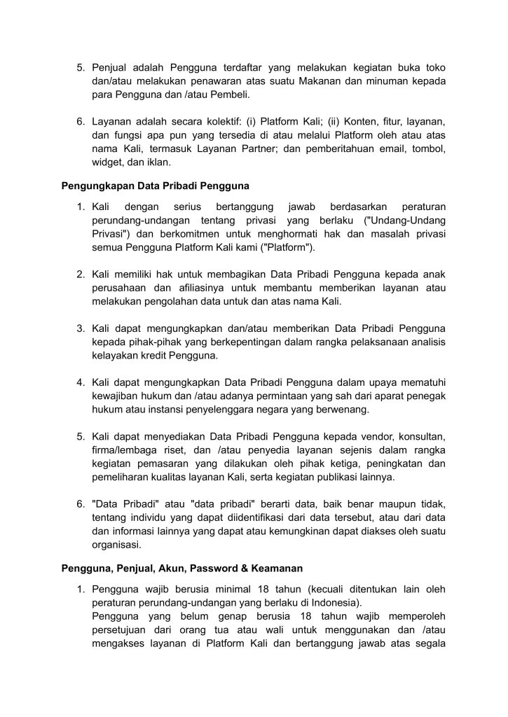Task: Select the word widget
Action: pos(108,163)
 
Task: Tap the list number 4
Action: pos(81,382)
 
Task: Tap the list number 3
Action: pos(81,328)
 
